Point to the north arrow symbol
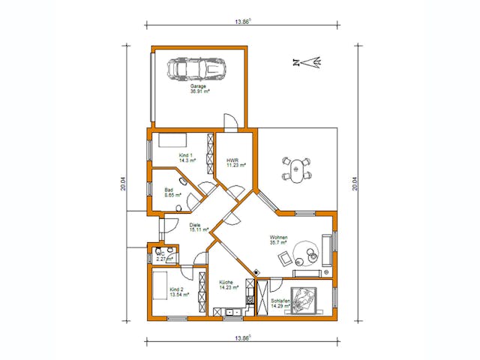point(307,62)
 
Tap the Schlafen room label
point(280,302)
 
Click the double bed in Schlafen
point(306,300)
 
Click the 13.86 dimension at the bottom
point(241,338)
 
